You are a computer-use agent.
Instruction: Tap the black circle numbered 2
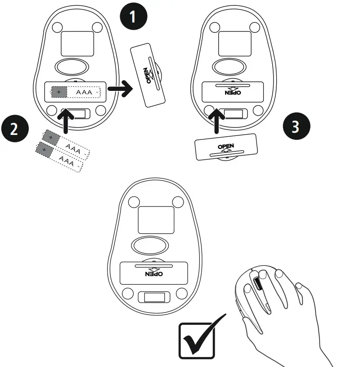click(x=14, y=129)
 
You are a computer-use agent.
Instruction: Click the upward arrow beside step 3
click(x=218, y=119)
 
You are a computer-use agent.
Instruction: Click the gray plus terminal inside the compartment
click(x=58, y=92)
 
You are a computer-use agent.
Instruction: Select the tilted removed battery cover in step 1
click(x=148, y=75)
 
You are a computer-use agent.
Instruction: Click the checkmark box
click(x=197, y=340)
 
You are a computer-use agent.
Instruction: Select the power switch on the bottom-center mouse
click(x=153, y=297)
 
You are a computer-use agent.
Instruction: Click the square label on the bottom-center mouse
click(x=155, y=219)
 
